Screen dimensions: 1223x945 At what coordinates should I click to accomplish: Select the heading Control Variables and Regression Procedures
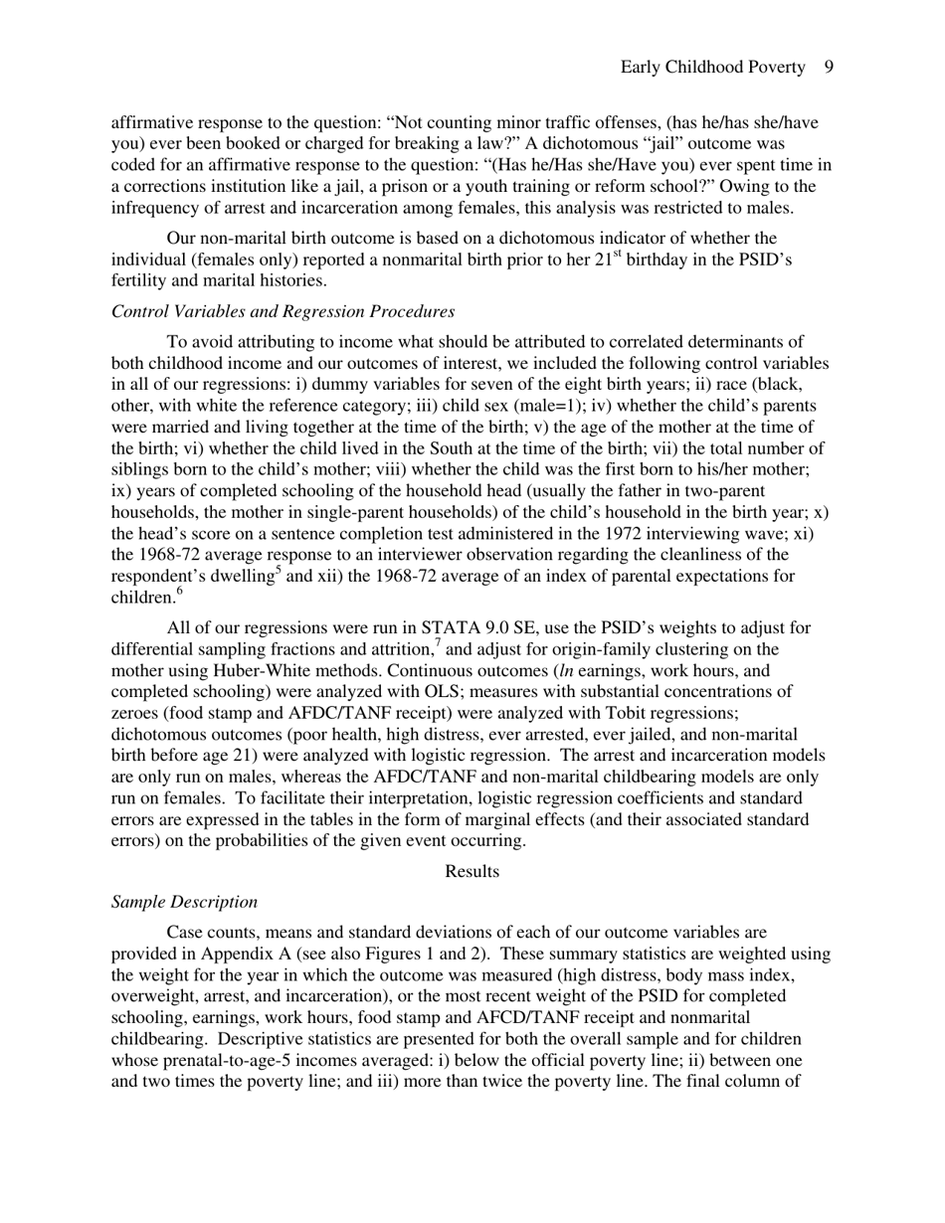[x=283, y=311]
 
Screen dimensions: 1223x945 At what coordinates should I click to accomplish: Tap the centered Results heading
[x=472, y=871]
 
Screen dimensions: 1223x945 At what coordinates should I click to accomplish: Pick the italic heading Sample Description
[x=184, y=902]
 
